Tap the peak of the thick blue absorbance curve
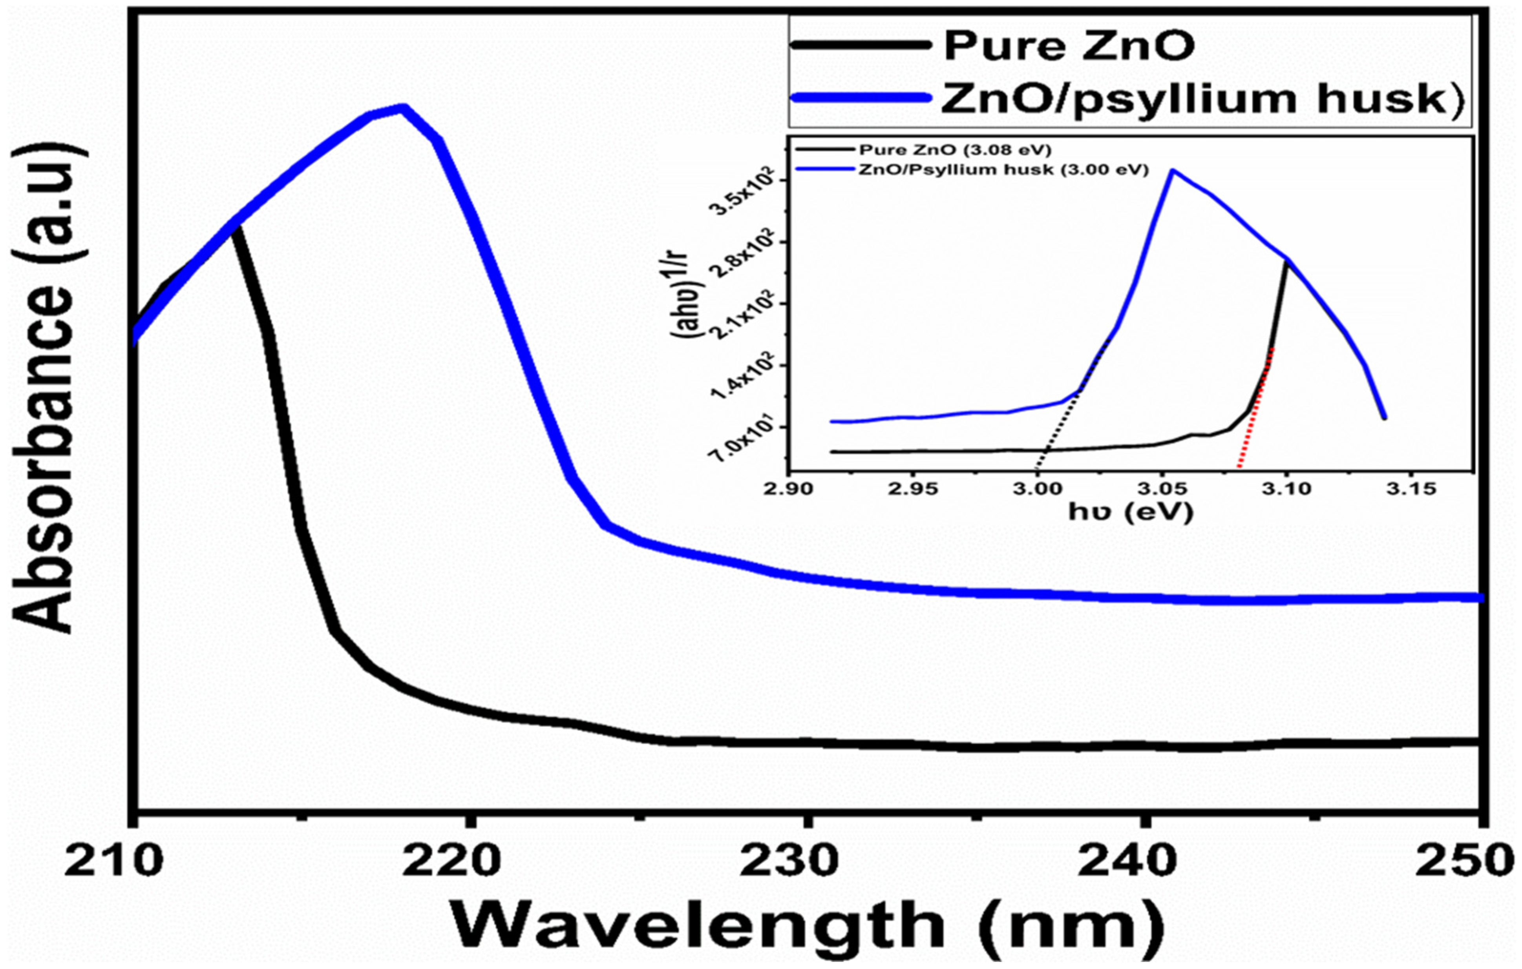tap(402, 108)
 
